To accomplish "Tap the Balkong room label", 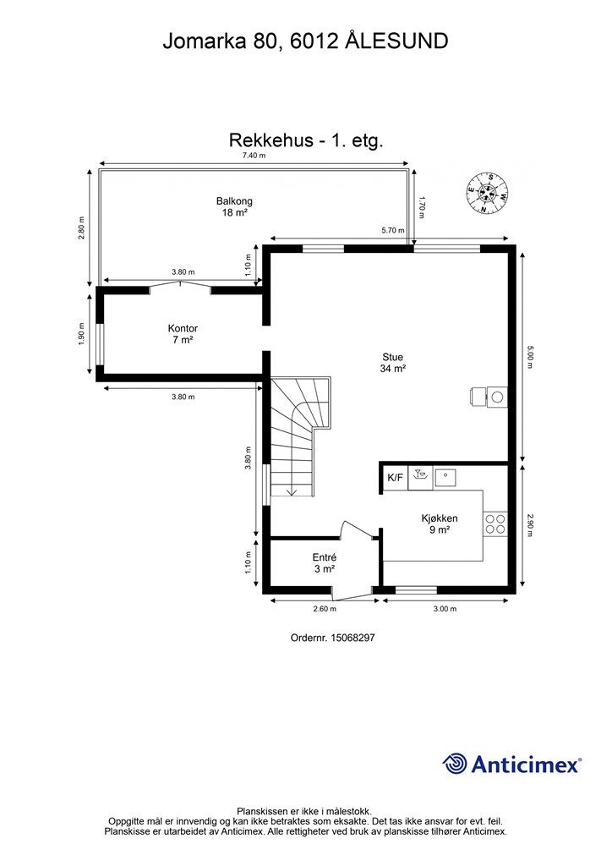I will click(234, 207).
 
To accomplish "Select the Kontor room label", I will click(183, 333).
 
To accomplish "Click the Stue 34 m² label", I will click(393, 363).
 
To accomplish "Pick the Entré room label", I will click(325, 563).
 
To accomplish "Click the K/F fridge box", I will click(395, 478).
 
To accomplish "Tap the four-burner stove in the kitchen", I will click(495, 524).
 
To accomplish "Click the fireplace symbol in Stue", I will click(490, 396).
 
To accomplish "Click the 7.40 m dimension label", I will click(254, 156).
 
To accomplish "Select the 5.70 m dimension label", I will click(393, 230).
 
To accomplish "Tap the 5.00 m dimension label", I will click(530, 356).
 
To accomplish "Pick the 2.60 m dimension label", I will click(325, 609).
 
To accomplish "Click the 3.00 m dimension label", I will click(445, 609).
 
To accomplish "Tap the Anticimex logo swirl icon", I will click(455, 763).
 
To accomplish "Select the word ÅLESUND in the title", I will click(396, 41).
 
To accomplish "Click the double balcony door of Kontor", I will click(180, 287).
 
